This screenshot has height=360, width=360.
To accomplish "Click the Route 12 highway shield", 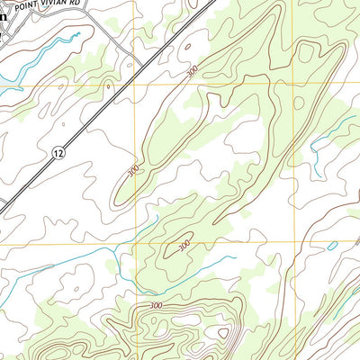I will [x=58, y=153].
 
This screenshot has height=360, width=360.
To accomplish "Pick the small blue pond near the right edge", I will [x=332, y=246].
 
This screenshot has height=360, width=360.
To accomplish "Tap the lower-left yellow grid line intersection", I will [x=136, y=243].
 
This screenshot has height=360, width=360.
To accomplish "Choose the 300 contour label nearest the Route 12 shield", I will [x=133, y=169].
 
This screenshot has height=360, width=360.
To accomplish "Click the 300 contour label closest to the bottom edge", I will [x=157, y=307].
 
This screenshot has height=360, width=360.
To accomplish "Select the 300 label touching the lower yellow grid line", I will [x=184, y=244].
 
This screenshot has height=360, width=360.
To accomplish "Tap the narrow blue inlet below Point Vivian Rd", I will [x=54, y=45].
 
